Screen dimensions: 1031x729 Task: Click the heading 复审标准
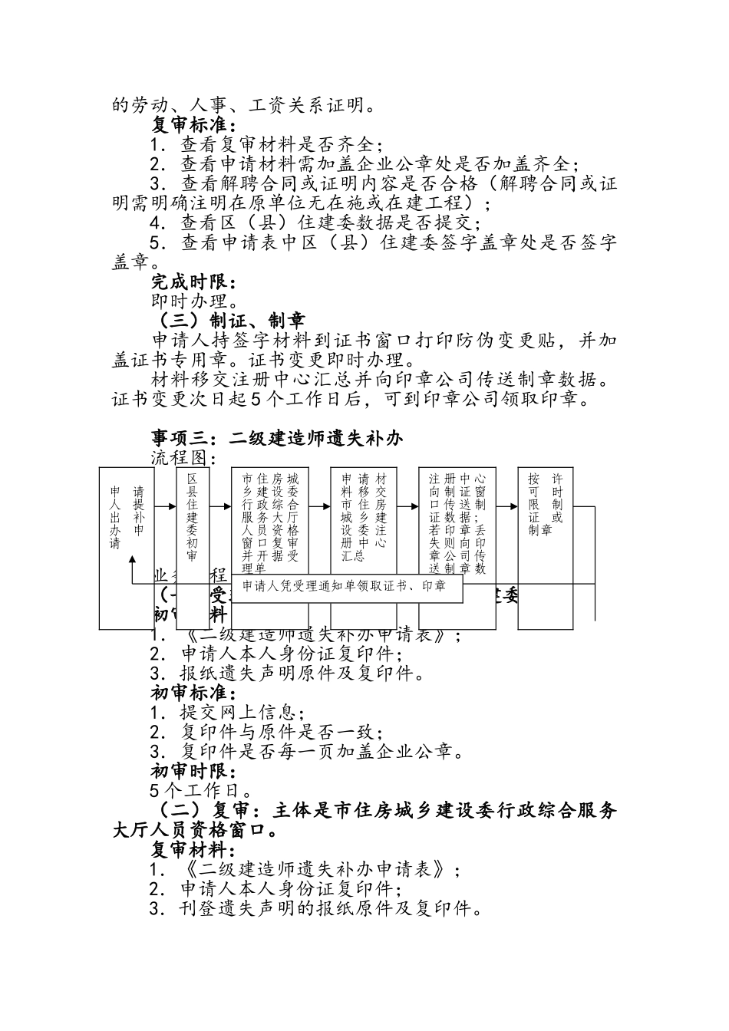[x=193, y=124]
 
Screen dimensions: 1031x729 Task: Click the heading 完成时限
[x=193, y=282]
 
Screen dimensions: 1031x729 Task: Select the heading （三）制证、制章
[x=229, y=321]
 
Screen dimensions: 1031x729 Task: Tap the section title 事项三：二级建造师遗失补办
[x=277, y=438]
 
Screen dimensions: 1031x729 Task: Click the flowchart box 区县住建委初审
[x=193, y=517]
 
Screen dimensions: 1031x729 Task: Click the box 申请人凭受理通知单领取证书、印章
[x=347, y=587]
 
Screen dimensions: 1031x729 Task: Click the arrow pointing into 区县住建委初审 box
[x=166, y=506]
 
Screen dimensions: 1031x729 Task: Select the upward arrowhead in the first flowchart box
[x=133, y=562]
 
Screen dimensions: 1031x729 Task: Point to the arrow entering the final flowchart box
[x=508, y=506]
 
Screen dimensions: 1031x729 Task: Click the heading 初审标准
[x=193, y=693]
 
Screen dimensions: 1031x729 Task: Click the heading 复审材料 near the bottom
[x=193, y=850]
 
